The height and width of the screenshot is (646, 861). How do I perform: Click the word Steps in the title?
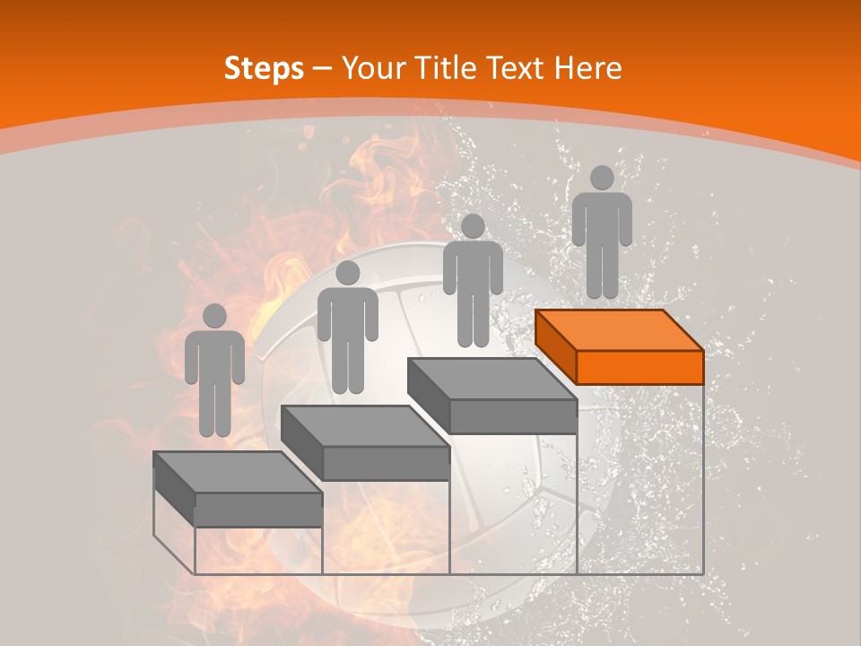[x=264, y=68]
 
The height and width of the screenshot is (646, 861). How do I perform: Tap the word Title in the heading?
[x=449, y=68]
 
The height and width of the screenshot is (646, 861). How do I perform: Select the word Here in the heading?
[x=587, y=68]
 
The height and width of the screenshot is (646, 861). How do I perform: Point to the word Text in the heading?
[x=518, y=68]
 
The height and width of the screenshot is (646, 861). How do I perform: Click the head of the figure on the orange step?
[x=602, y=178]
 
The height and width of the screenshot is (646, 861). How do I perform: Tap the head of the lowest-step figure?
[x=214, y=316]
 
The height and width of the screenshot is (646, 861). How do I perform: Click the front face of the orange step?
[x=639, y=367]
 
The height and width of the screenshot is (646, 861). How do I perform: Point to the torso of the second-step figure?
[x=347, y=314]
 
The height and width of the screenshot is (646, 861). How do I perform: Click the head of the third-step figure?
[x=473, y=226]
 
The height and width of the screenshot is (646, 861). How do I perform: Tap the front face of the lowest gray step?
[x=258, y=510]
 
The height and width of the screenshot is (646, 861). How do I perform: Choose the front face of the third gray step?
[x=512, y=416]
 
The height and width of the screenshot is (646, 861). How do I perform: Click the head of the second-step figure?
[x=347, y=273]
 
